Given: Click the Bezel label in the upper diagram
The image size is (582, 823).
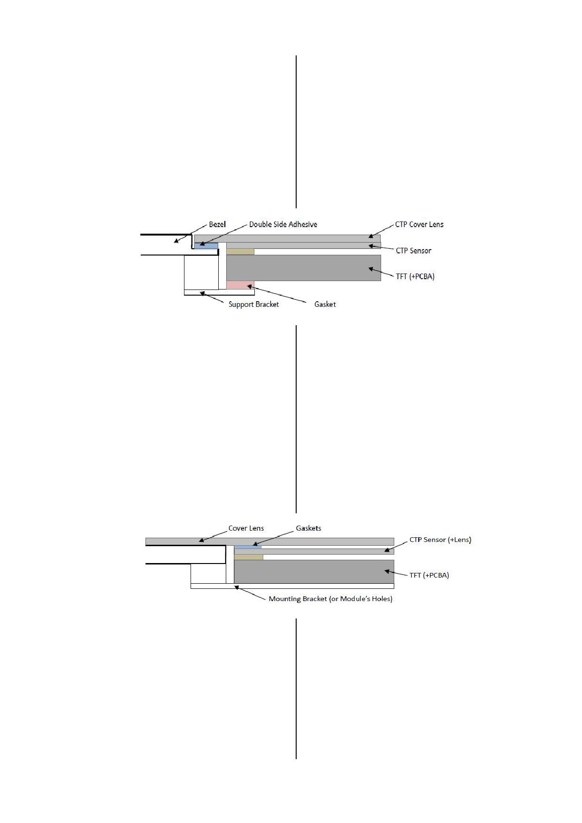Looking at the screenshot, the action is pyautogui.click(x=217, y=224).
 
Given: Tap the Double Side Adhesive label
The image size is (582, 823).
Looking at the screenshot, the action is pyautogui.click(x=283, y=224).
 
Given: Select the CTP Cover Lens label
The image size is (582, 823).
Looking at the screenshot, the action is pyautogui.click(x=419, y=224).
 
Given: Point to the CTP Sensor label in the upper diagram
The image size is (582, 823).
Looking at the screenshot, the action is pyautogui.click(x=414, y=251).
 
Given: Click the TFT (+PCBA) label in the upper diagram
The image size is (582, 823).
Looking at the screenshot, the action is pyautogui.click(x=415, y=276).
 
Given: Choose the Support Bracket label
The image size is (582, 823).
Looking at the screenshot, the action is pyautogui.click(x=253, y=305).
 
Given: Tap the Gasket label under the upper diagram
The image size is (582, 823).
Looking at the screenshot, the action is pyautogui.click(x=325, y=305).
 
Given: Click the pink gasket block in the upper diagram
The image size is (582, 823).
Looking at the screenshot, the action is pyautogui.click(x=240, y=285).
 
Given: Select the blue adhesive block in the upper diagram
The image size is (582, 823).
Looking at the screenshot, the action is pyautogui.click(x=207, y=245).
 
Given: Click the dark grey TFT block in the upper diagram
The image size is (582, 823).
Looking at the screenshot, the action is pyautogui.click(x=304, y=268).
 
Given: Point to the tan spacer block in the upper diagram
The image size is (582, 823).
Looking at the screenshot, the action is pyautogui.click(x=240, y=251).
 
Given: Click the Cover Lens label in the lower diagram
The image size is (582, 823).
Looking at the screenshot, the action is pyautogui.click(x=246, y=528).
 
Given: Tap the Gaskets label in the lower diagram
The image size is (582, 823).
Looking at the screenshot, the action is pyautogui.click(x=308, y=528).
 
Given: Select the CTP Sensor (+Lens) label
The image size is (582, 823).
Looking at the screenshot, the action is pyautogui.click(x=440, y=540).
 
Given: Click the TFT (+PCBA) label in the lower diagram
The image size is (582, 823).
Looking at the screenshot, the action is pyautogui.click(x=429, y=575).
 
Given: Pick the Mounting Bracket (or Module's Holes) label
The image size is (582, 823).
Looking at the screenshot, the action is pyautogui.click(x=330, y=599).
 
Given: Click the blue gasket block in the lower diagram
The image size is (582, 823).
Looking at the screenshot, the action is pyautogui.click(x=248, y=547).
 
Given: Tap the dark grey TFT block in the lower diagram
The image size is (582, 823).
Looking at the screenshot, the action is pyautogui.click(x=314, y=572).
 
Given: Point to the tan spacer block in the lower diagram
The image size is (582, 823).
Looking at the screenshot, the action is pyautogui.click(x=249, y=557).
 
